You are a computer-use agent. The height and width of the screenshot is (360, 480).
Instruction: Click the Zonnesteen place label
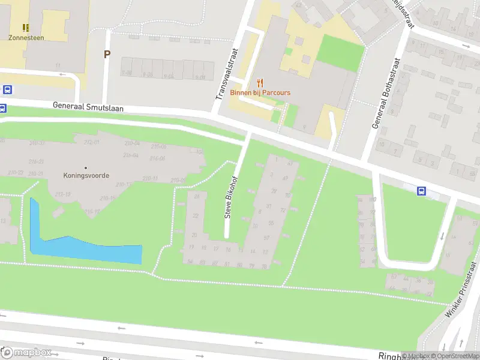(26, 37)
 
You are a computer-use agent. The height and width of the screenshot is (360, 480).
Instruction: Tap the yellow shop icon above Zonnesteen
(26, 27)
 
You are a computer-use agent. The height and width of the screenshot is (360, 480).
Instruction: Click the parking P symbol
(107, 55)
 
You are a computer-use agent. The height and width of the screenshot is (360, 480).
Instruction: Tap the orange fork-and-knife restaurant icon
(260, 83)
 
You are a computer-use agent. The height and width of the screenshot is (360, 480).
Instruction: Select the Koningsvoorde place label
(86, 176)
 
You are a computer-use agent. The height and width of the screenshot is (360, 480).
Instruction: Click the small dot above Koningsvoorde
(86, 167)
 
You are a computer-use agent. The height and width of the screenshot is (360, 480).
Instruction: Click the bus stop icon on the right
(422, 191)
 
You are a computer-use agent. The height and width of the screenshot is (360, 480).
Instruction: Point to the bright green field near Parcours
(340, 52)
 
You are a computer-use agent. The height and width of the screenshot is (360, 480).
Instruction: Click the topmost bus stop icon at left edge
(7, 90)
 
